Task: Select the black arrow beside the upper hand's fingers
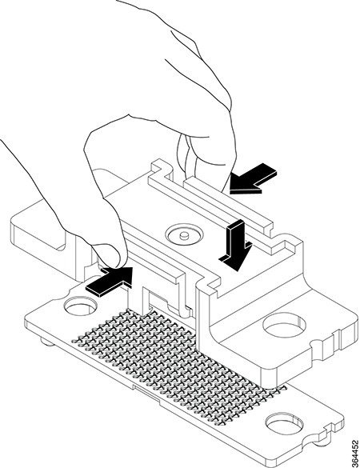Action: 253,179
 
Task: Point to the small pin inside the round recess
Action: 184,235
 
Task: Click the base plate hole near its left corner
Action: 81,306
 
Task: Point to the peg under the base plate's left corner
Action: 48,341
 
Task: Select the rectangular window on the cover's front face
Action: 155,302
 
